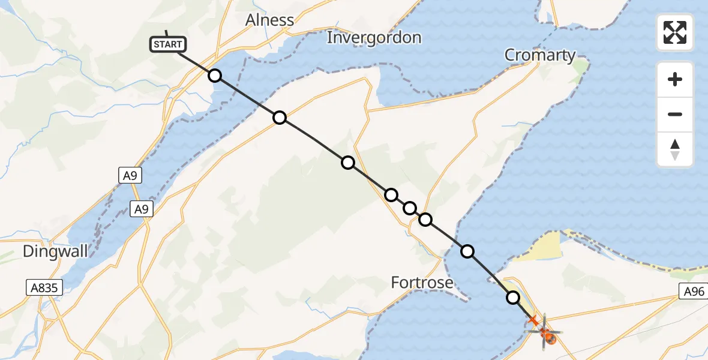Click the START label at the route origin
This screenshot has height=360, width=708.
[x=168, y=44]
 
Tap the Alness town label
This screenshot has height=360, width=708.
[x=270, y=20]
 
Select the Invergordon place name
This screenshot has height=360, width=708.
[x=374, y=38]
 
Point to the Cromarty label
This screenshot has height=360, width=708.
[x=540, y=55]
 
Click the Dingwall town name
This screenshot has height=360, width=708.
[x=55, y=251]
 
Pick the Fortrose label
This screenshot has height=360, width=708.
[x=422, y=282]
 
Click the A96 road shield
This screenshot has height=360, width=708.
[x=692, y=292]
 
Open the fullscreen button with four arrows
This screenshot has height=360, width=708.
[x=675, y=32]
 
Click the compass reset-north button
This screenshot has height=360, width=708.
[x=675, y=149]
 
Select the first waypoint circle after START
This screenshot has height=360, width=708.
[x=214, y=76]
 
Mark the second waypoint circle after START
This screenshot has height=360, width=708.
[x=280, y=118]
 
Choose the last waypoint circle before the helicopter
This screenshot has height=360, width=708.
[x=513, y=297]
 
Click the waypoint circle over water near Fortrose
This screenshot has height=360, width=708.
[x=467, y=251]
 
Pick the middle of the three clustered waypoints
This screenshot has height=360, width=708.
[x=410, y=208]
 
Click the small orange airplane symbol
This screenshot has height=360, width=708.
[x=533, y=321]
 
